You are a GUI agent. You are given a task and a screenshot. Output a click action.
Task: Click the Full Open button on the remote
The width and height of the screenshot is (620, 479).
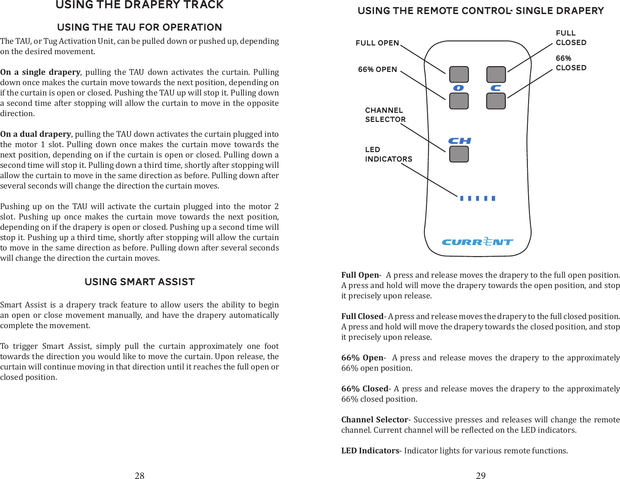[459, 74]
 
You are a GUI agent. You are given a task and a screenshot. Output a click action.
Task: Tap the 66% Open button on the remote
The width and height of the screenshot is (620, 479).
[459, 101]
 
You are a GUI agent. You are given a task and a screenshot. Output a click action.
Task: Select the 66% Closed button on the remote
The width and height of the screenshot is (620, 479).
[496, 101]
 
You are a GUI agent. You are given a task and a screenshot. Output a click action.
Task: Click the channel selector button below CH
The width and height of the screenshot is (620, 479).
[459, 154]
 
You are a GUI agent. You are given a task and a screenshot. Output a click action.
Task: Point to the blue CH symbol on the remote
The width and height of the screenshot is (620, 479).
[460, 141]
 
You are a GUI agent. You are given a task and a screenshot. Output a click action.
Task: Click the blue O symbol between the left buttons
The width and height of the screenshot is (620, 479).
[458, 88]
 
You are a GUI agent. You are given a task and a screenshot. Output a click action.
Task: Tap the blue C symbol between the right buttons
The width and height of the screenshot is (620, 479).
[496, 88]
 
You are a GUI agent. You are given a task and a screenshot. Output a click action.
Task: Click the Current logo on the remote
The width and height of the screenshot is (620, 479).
[477, 242]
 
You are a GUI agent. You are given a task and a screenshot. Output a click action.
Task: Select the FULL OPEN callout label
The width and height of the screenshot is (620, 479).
[377, 43]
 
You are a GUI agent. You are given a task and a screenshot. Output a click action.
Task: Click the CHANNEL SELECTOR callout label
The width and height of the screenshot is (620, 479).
[385, 115]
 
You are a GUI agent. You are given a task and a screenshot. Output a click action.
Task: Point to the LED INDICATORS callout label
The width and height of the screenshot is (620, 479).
[388, 154]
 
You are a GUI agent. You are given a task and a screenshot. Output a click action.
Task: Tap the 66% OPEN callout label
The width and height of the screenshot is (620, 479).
[377, 69]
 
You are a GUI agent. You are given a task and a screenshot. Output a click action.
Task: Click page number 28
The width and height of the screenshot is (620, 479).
[139, 476]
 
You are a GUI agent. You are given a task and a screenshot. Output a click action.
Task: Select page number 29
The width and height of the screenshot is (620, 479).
[481, 476]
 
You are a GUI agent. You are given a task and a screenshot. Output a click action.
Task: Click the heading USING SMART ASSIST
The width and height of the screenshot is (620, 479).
[139, 282]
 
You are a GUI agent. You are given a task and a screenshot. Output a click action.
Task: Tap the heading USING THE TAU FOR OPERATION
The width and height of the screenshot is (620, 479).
[139, 27]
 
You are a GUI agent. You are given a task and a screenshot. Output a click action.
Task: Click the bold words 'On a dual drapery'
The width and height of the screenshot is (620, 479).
[36, 134]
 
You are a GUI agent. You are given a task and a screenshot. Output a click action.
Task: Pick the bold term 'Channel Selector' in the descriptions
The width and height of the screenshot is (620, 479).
[374, 419]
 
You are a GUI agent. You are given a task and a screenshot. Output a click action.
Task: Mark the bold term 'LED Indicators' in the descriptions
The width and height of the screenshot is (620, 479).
[370, 450]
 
